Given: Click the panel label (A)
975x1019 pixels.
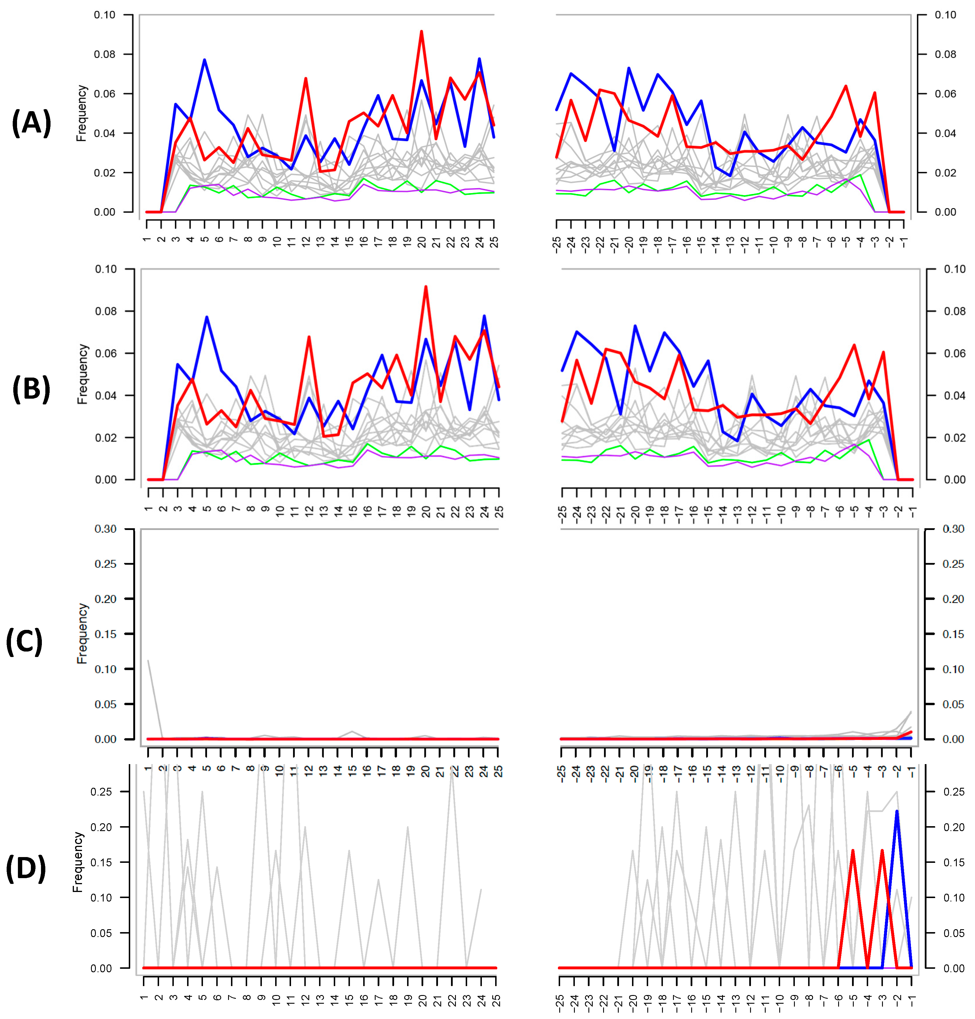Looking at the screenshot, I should (31, 124).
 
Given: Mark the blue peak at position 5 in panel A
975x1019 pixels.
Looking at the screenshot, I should (205, 60).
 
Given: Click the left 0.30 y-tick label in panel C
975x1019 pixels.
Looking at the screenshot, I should (105, 529).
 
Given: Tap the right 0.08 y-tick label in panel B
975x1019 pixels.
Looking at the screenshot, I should (955, 311).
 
